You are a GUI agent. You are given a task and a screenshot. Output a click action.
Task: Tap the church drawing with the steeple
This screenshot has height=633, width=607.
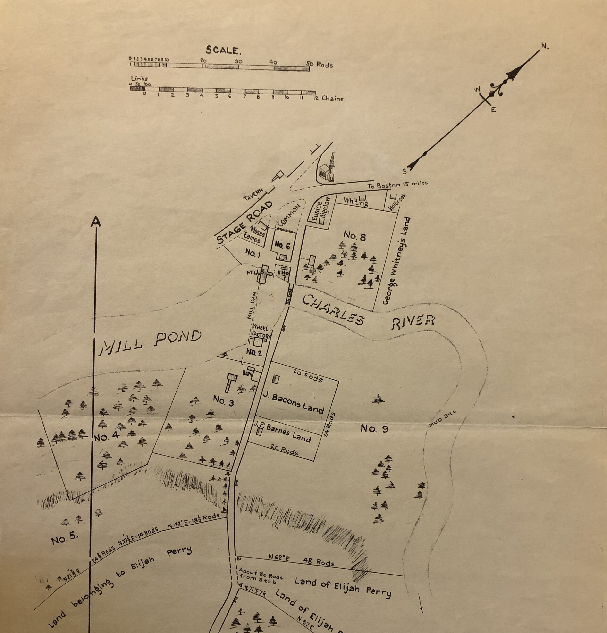[328, 169]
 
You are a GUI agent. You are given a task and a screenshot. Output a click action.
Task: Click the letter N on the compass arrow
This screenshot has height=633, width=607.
[545, 46]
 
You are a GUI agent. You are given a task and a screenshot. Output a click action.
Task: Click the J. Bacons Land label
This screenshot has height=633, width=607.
[297, 403]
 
